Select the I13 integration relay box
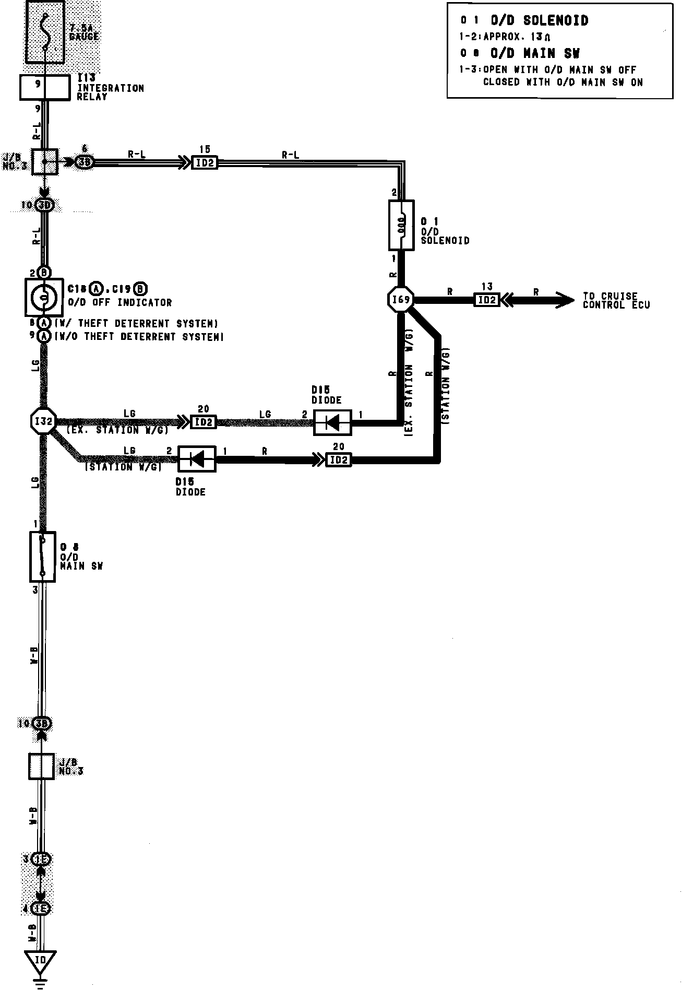(x=44, y=87)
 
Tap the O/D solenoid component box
(x=401, y=225)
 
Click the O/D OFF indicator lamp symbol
(x=44, y=297)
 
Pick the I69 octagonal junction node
(x=401, y=300)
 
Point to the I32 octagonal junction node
(x=43, y=421)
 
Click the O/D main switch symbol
(x=42, y=557)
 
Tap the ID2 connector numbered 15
(x=205, y=162)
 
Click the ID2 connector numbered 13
(x=486, y=300)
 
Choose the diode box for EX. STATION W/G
(x=332, y=422)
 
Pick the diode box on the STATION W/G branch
(x=197, y=459)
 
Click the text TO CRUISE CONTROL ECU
(x=616, y=300)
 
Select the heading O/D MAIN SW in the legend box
(x=534, y=53)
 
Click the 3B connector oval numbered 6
(x=84, y=162)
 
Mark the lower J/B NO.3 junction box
(x=41, y=767)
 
